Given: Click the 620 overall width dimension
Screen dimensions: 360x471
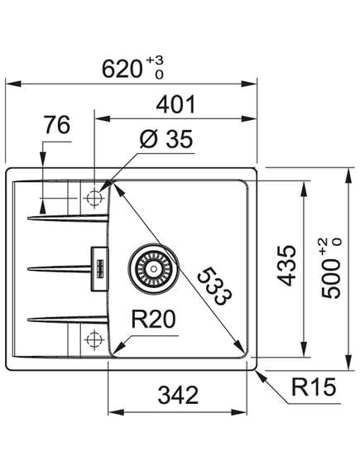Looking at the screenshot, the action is [x=122, y=69].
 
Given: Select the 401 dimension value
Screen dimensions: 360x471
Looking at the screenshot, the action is [x=176, y=104].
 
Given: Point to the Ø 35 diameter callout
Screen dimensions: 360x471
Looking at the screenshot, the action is [x=166, y=139].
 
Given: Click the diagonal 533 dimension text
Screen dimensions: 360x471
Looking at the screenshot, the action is [x=214, y=286].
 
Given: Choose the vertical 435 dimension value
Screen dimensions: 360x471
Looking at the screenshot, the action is [x=286, y=265].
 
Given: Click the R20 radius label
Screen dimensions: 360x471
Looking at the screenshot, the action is [x=153, y=319].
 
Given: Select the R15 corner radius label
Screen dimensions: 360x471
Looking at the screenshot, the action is [x=314, y=387].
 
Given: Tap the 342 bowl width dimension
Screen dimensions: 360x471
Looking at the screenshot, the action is [x=178, y=395].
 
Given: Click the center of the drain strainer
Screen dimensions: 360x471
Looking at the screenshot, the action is [x=154, y=268].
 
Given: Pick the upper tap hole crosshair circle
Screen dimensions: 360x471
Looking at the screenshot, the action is [x=94, y=198].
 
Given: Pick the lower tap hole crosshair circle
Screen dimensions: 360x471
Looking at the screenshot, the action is [x=94, y=339].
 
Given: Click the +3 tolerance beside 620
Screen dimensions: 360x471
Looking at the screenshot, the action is [x=155, y=60].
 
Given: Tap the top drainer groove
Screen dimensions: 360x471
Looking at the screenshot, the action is [x=68, y=218].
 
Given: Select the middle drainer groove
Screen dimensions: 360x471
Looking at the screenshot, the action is [x=59, y=268].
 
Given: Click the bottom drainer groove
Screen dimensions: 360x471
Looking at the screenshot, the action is [x=68, y=320].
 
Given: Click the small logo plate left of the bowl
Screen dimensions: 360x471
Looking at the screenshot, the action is [x=99, y=268].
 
